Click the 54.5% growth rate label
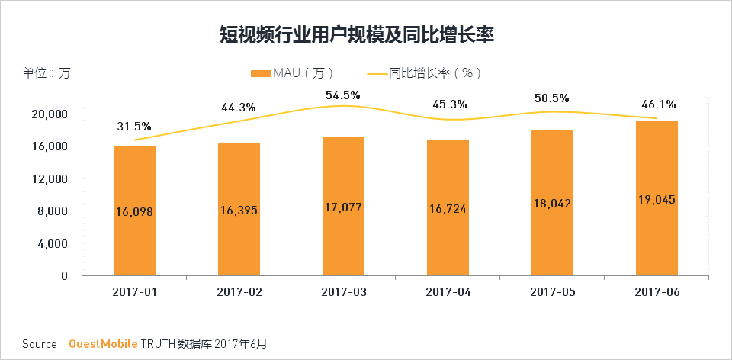(x=343, y=95)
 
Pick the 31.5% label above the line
(x=134, y=127)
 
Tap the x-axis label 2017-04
(x=448, y=292)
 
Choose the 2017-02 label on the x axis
(x=239, y=292)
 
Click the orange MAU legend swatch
(x=260, y=73)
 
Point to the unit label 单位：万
(x=46, y=73)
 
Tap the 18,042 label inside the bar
(x=552, y=204)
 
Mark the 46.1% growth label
(x=657, y=104)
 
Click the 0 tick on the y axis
(x=65, y=276)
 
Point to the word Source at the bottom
(x=40, y=344)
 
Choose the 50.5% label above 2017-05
(x=552, y=98)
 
